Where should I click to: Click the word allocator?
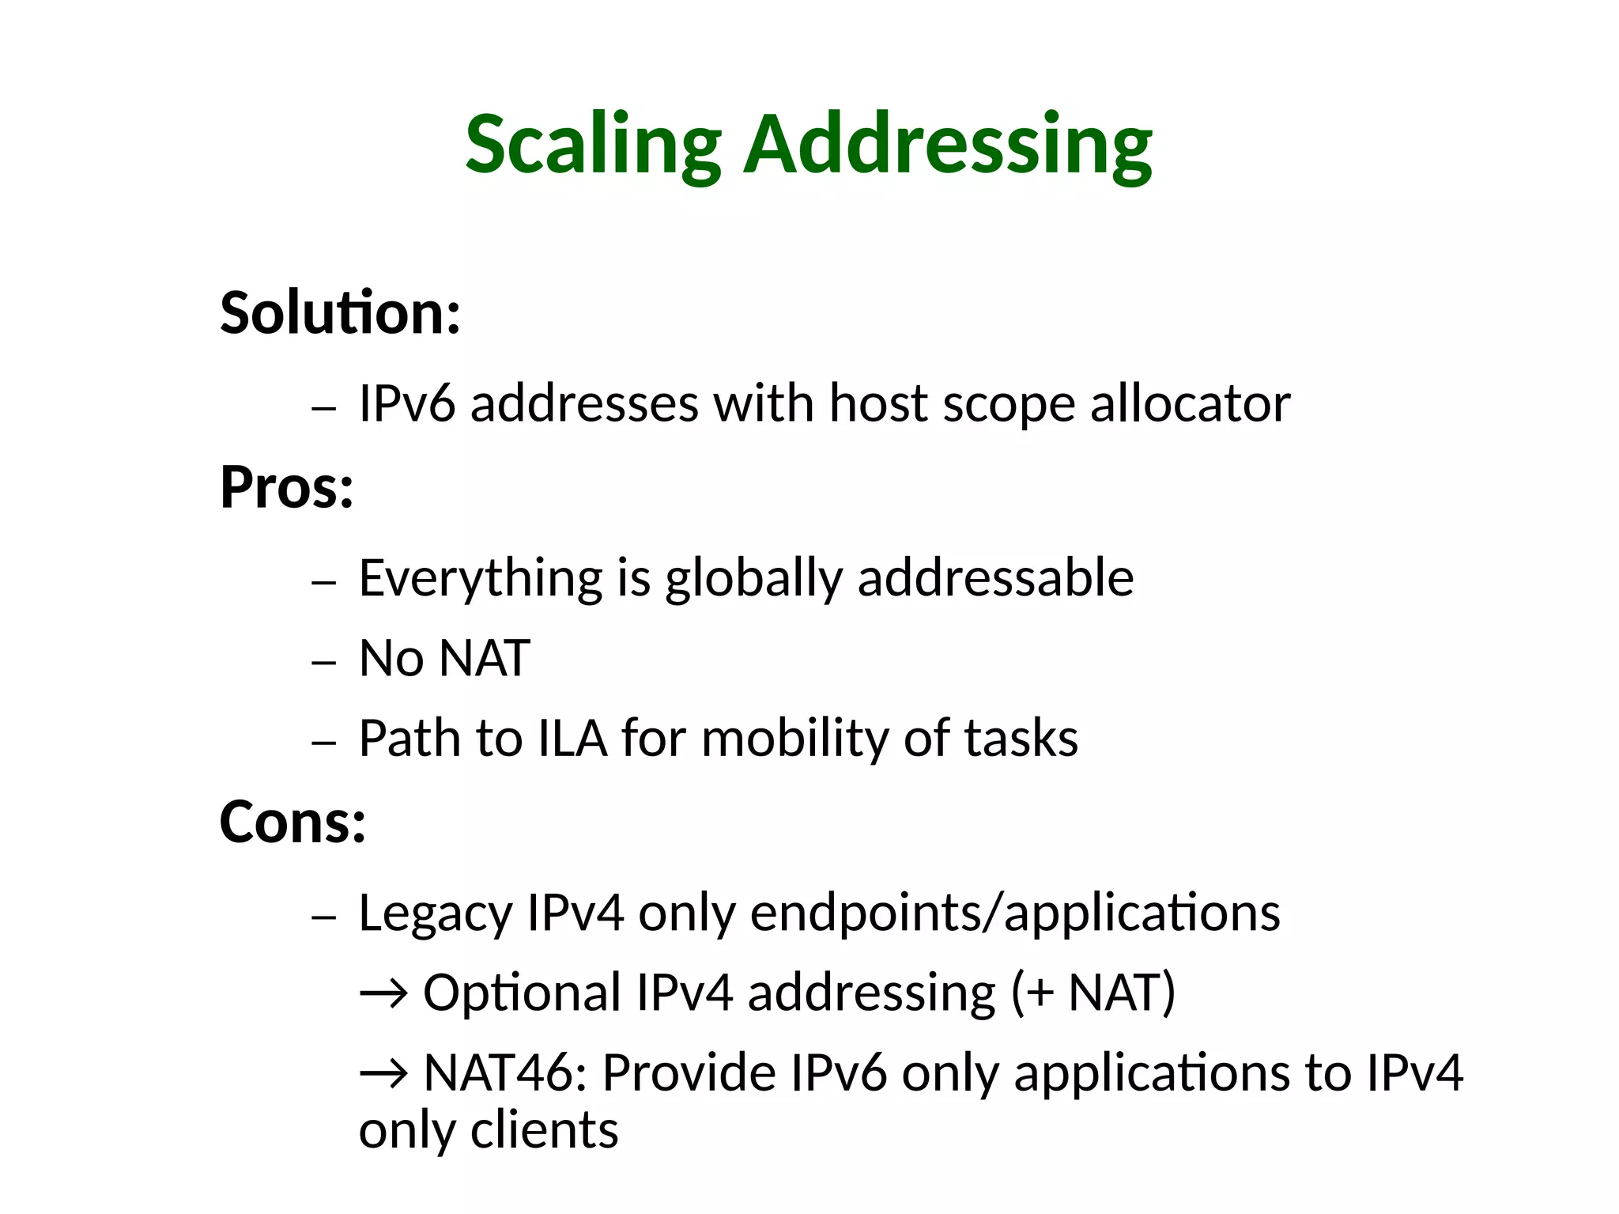coord(1190,403)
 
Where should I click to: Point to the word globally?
coord(753,578)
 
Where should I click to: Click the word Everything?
coord(481,578)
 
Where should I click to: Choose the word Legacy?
coord(436,913)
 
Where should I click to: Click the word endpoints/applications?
coord(1014,913)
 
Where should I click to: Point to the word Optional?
coord(522,993)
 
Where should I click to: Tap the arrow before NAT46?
coord(384,1073)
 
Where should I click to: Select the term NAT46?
coord(506,1073)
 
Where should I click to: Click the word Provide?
coord(689,1073)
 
